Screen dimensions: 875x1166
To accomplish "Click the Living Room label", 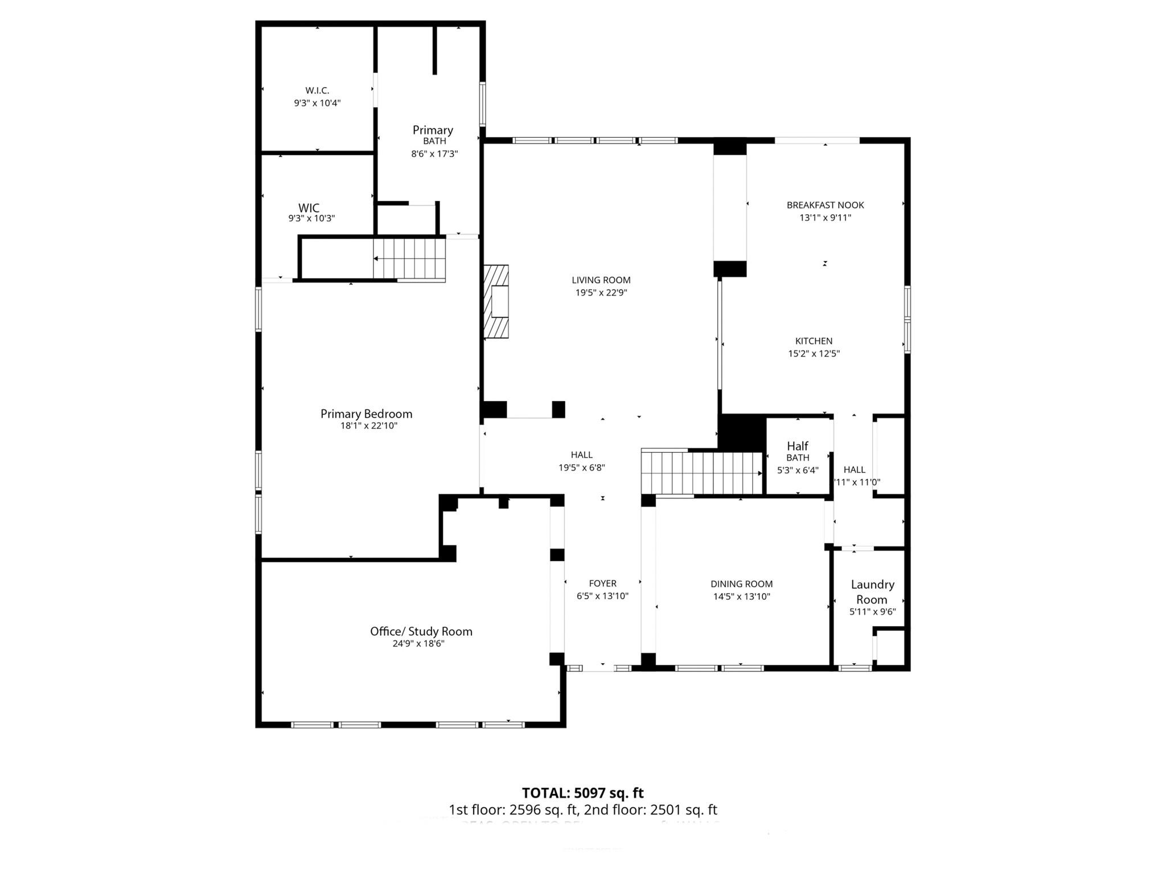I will pyautogui.click(x=601, y=280).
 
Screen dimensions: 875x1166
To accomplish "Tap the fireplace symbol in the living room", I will pyautogui.click(x=496, y=301).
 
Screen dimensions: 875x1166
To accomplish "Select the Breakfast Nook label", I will pyautogui.click(x=825, y=205).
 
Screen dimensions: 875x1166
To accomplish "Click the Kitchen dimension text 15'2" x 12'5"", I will pyautogui.click(x=814, y=353).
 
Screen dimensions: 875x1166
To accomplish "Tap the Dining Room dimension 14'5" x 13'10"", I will pyautogui.click(x=741, y=596).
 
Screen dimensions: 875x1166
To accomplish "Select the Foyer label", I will pyautogui.click(x=602, y=583).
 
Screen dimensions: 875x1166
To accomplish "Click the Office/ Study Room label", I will pyautogui.click(x=421, y=631).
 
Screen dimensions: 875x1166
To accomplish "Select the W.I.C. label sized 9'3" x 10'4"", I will pyautogui.click(x=317, y=91).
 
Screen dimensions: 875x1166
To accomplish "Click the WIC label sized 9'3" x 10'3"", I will pyautogui.click(x=309, y=208).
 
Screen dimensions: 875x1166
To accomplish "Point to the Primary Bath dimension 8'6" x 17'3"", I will pyautogui.click(x=434, y=154).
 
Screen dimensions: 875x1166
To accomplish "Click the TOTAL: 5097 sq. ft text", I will pyautogui.click(x=582, y=792).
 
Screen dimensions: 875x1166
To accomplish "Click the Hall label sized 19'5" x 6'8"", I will pyautogui.click(x=581, y=455).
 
